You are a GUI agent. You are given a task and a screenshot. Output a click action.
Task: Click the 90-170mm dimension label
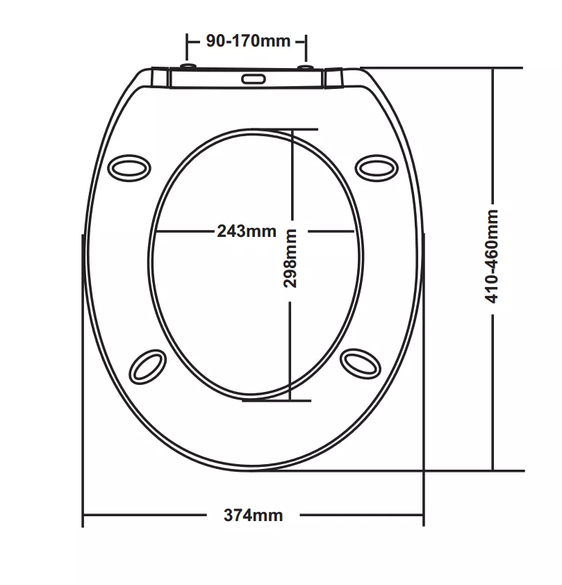248,41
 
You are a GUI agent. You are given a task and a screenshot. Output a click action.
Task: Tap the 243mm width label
247,231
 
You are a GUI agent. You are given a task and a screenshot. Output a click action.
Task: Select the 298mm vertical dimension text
290,258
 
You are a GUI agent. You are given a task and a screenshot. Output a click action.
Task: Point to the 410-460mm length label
492,256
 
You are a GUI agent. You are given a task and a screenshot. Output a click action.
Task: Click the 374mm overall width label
254,516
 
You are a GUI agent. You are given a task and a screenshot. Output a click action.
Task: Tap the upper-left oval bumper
129,168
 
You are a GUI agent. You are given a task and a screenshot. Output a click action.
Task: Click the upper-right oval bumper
377,168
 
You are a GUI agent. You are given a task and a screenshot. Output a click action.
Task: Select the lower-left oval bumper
148,367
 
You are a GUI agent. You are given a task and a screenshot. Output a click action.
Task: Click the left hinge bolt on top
188,67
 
